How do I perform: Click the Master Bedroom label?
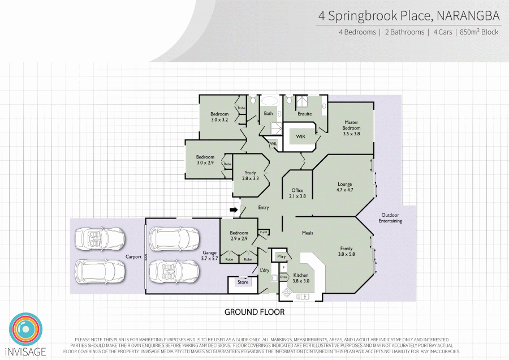click(351, 128)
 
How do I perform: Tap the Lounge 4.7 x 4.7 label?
click(345, 187)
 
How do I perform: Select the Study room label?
click(251, 175)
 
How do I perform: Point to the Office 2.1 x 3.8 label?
click(297, 193)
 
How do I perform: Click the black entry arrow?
click(233, 210)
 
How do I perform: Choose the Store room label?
click(243, 282)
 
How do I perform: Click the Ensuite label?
click(305, 114)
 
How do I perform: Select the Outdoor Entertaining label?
click(390, 218)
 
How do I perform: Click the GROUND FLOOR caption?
click(255, 312)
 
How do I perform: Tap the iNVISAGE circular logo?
click(25, 329)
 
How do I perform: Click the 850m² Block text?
click(479, 32)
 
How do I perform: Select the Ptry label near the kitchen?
click(281, 256)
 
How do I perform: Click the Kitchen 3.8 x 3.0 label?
click(301, 278)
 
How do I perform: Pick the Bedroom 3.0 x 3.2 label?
click(219, 117)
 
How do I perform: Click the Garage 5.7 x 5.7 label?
click(210, 255)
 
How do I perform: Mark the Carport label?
click(133, 256)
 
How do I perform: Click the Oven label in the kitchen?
click(283, 277)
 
